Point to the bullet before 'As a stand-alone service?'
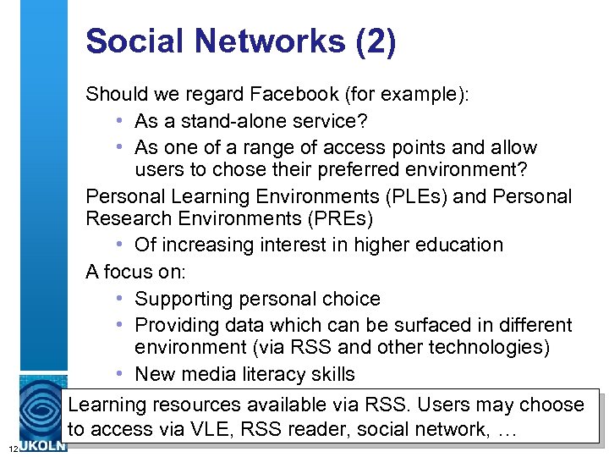[x=121, y=122]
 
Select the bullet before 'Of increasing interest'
[x=121, y=245]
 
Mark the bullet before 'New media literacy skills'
[x=121, y=375]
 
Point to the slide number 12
[x=6, y=447]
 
